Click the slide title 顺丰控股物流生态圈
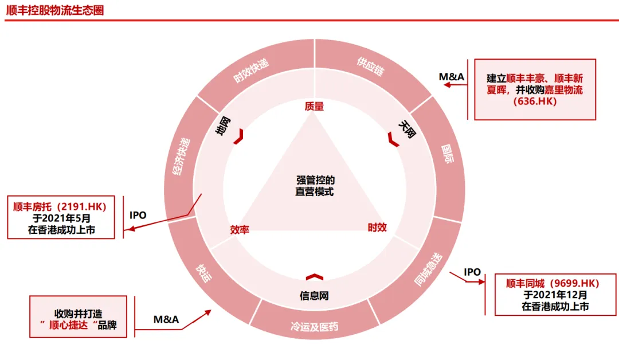point(55,10)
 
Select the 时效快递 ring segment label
point(251,71)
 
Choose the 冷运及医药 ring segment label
point(314,327)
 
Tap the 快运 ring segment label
point(203,272)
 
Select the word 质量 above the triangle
point(314,106)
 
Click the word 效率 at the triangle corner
point(240,229)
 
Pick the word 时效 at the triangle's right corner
point(377,228)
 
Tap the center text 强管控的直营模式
point(315,186)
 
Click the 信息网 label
point(314,296)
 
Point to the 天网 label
point(407,129)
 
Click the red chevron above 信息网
point(314,277)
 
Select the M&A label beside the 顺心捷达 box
point(166,319)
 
